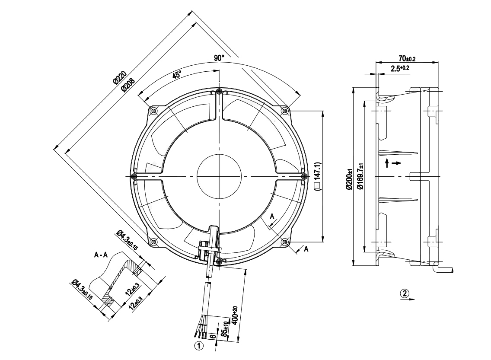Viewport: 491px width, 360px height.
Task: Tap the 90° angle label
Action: (220, 58)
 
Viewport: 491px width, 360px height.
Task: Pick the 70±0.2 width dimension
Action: (407, 58)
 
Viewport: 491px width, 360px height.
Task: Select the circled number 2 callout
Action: (404, 293)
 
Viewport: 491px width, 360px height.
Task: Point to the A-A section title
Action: (102, 255)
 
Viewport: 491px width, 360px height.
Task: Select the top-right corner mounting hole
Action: (284, 111)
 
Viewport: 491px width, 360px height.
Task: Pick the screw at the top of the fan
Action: (220, 91)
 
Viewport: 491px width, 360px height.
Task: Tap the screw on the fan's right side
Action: (303, 176)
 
